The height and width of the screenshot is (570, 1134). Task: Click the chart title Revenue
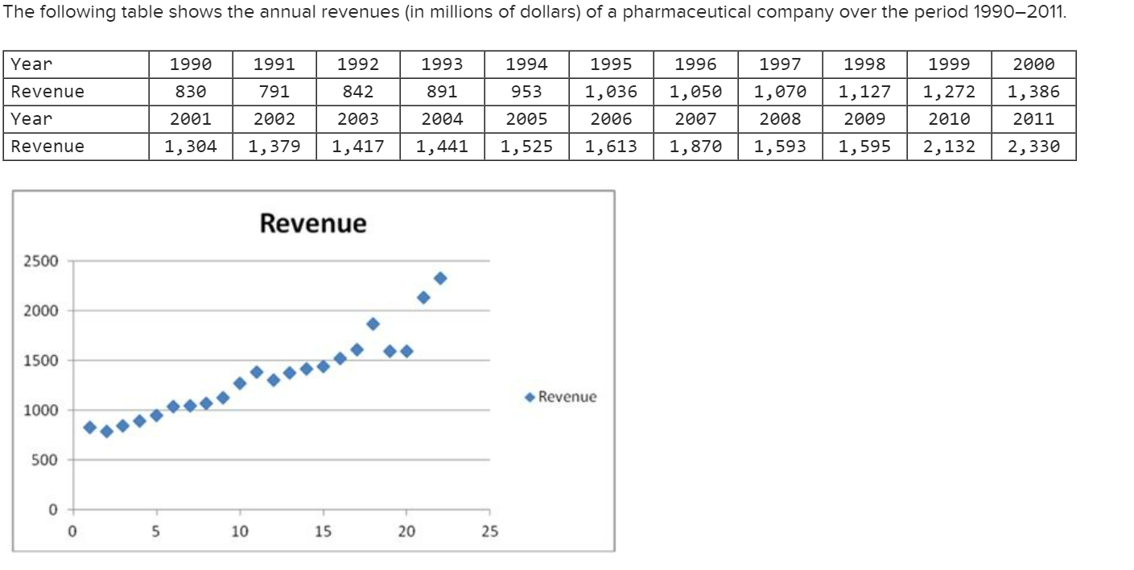click(x=312, y=223)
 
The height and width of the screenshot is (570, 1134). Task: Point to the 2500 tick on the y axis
click(x=40, y=261)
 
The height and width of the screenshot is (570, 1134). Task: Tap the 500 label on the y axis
click(x=40, y=461)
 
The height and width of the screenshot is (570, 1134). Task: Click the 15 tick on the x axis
click(x=324, y=531)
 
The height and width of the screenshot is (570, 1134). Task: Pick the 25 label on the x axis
click(x=489, y=531)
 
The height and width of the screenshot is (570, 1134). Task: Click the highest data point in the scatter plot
click(x=440, y=278)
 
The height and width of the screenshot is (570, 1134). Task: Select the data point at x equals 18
click(x=373, y=324)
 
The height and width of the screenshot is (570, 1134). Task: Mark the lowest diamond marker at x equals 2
click(x=106, y=432)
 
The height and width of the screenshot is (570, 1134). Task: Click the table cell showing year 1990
click(x=191, y=64)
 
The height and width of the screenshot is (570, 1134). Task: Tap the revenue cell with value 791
click(x=274, y=92)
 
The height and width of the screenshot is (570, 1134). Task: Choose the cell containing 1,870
click(x=695, y=147)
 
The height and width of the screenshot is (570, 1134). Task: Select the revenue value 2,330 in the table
click(x=1033, y=147)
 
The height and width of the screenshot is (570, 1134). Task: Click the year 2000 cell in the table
click(x=1033, y=64)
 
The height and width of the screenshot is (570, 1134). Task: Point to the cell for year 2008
click(x=780, y=119)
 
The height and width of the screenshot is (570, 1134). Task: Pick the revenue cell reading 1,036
click(x=611, y=92)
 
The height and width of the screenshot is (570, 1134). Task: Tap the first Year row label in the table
click(x=31, y=64)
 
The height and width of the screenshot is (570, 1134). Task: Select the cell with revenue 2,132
click(x=949, y=147)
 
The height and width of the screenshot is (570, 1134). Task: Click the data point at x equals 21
click(x=423, y=298)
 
